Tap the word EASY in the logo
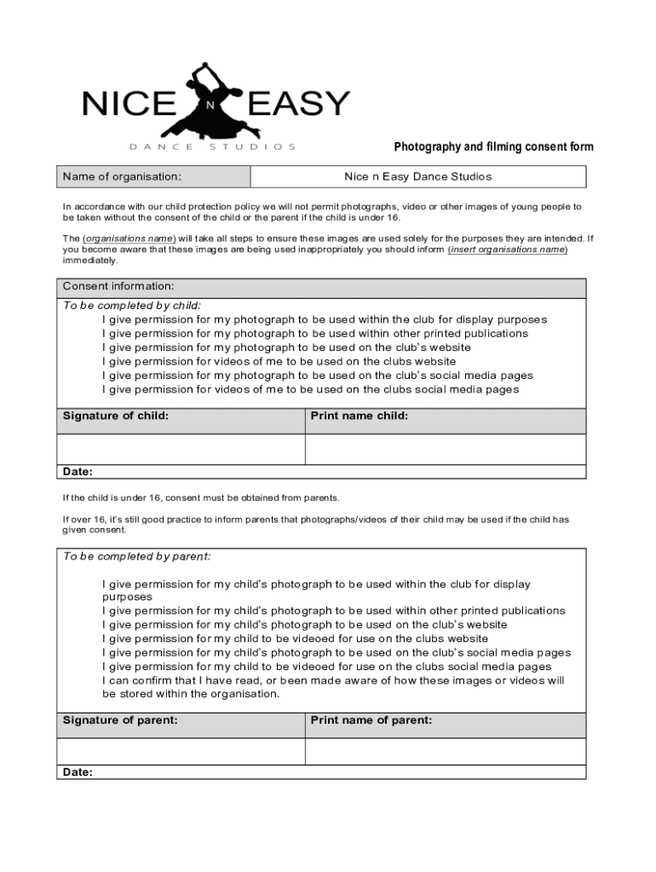point(297,104)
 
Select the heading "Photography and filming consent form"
point(493,147)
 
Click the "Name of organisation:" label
point(122,177)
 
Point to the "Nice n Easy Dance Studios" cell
point(417,177)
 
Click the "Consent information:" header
point(118,286)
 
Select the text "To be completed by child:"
point(132,306)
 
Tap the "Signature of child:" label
point(116,416)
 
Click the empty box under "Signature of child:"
point(181,449)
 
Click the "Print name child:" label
point(359,416)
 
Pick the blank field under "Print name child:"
point(446,449)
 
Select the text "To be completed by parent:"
point(136,556)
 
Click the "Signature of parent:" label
point(120,720)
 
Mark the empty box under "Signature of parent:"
point(181,751)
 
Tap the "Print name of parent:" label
point(371,720)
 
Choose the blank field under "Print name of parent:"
point(446,751)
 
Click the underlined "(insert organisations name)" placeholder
point(508,250)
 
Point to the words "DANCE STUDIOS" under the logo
point(213,146)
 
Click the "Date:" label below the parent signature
point(78,772)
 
